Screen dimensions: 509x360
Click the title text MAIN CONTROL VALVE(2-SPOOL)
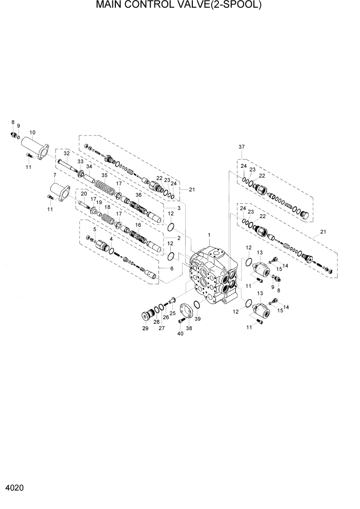(x=179, y=6)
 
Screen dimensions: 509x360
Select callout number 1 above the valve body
(x=209, y=235)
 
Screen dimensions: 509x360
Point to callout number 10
(x=33, y=132)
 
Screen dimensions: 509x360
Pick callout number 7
(x=54, y=175)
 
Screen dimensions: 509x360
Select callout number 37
(x=241, y=147)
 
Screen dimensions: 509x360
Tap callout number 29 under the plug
(x=145, y=328)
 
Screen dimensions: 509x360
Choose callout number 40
(x=179, y=334)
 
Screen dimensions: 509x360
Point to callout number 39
(x=197, y=319)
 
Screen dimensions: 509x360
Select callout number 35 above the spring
(x=105, y=175)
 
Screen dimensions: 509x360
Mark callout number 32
(x=66, y=153)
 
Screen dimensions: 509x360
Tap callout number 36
(x=138, y=194)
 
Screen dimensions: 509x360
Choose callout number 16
(x=137, y=225)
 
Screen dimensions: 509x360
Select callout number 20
(x=84, y=193)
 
